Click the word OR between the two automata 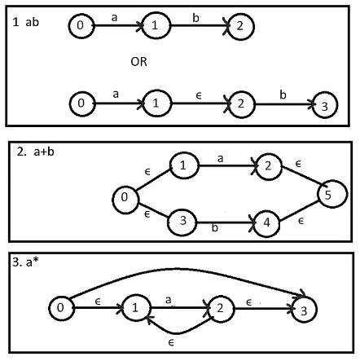(x=138, y=62)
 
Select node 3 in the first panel (x=325, y=105)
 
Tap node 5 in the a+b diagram (x=332, y=194)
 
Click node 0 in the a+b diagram (x=125, y=200)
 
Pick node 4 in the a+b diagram (x=266, y=223)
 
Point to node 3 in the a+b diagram (x=182, y=222)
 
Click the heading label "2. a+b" (x=35, y=152)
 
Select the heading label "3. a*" (x=25, y=262)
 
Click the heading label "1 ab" (x=26, y=22)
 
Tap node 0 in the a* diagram (x=61, y=309)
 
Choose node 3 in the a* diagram (x=304, y=310)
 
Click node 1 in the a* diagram (x=136, y=308)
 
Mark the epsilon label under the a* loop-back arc (x=171, y=343)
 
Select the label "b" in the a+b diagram (x=215, y=227)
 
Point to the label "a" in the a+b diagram (x=220, y=158)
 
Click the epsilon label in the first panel (x=199, y=95)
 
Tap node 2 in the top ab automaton (x=240, y=26)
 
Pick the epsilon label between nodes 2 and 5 (x=298, y=164)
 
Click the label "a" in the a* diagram (x=168, y=300)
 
